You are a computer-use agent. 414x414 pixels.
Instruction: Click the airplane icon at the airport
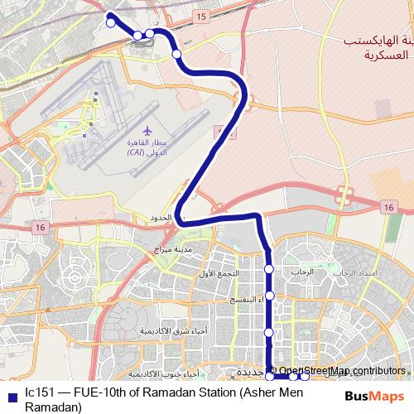click(x=147, y=131)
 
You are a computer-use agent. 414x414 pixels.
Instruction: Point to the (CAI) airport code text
click(x=137, y=152)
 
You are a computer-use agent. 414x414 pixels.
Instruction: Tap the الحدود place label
click(x=159, y=218)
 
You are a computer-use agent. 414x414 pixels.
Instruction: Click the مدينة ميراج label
click(x=172, y=248)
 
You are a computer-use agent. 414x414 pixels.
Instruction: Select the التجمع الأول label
click(x=219, y=273)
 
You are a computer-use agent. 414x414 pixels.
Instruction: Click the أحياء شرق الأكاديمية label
click(x=167, y=330)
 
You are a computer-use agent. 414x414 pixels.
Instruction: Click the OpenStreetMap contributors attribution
click(x=342, y=370)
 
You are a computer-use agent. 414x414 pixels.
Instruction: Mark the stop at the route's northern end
click(x=109, y=23)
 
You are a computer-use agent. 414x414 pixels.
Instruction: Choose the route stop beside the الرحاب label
click(x=269, y=269)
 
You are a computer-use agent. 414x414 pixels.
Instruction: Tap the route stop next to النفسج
click(x=269, y=296)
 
